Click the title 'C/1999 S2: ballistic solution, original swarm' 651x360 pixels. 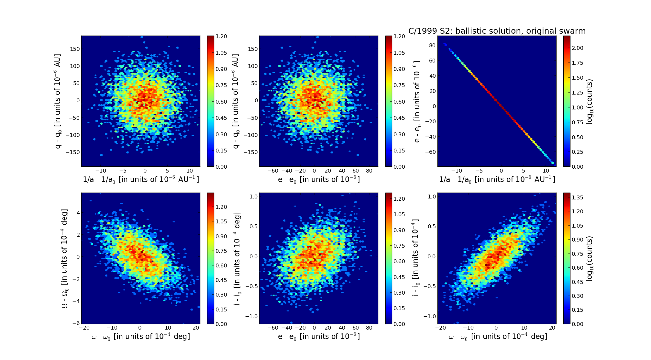point(497,31)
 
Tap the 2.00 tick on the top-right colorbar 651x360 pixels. point(578,48)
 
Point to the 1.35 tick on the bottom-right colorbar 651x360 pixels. point(578,197)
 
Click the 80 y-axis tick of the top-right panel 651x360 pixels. point(432,45)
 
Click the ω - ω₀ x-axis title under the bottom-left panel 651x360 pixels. point(141,337)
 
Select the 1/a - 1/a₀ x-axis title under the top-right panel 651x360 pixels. point(497,180)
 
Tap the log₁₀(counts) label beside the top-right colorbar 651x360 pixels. point(590,101)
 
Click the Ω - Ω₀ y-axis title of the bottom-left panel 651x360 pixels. point(65,258)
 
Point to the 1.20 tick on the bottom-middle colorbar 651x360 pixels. point(400,199)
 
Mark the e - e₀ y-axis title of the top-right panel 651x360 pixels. point(417,101)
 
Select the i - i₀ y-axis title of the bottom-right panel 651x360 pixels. point(415,258)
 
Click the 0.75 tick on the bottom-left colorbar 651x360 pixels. point(221,251)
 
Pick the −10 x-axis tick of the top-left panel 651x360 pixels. point(101,171)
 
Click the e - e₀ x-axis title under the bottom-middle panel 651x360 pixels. point(319,337)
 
